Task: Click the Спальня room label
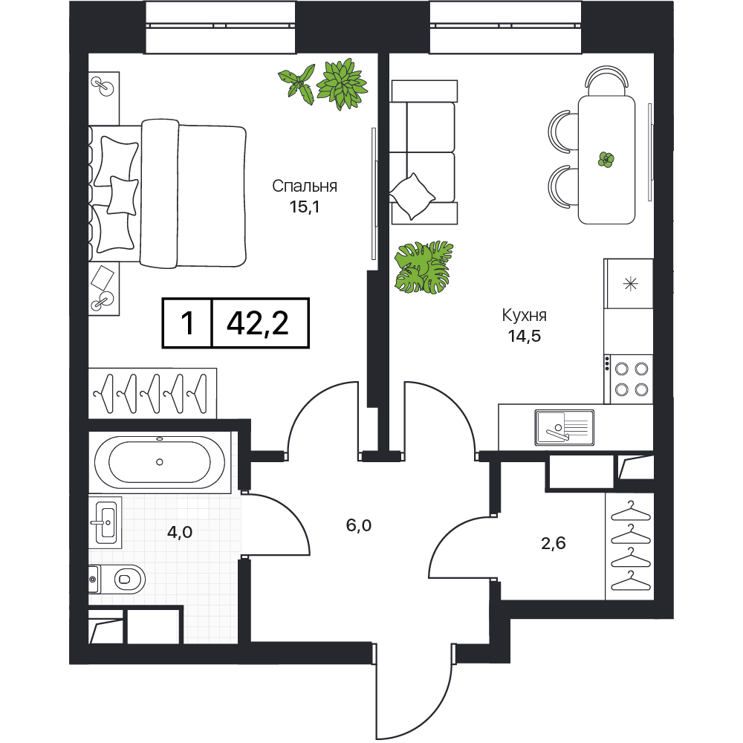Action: (305, 186)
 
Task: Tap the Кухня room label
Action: (524, 315)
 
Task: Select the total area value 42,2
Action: (258, 324)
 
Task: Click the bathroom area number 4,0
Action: (180, 532)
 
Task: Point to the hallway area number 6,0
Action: (359, 525)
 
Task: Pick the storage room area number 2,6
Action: (554, 543)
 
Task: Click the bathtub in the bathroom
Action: (160, 462)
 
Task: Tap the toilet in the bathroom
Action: (117, 579)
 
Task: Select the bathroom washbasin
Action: (106, 522)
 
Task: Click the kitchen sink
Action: (565, 428)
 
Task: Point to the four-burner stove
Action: (629, 379)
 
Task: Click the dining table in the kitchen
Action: (606, 160)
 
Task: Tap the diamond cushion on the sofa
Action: (412, 196)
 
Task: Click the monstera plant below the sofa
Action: (424, 267)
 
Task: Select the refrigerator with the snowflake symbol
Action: (629, 283)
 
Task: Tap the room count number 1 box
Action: (188, 323)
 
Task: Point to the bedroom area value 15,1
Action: (305, 207)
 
